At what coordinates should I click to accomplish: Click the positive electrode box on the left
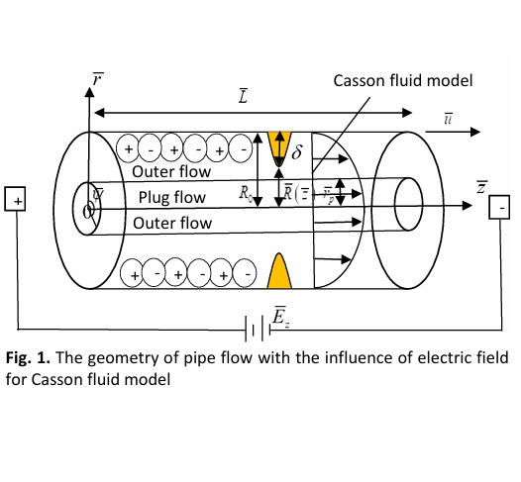(x=15, y=199)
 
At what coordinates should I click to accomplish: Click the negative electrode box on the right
(x=499, y=207)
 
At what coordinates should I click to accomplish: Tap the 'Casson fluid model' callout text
(x=403, y=81)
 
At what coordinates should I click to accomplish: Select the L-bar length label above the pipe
(x=244, y=96)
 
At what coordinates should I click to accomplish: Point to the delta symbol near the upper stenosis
(x=297, y=151)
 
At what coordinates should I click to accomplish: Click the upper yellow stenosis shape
(x=279, y=146)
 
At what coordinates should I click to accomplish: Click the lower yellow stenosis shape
(x=279, y=272)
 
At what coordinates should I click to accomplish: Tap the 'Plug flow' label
(x=172, y=198)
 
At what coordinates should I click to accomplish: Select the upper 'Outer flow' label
(x=171, y=171)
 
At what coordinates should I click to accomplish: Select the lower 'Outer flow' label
(x=172, y=223)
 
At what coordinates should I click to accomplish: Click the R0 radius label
(x=246, y=193)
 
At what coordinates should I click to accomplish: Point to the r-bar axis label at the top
(x=97, y=79)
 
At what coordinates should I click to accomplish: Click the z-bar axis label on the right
(x=482, y=187)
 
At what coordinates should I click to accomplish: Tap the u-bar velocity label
(x=449, y=119)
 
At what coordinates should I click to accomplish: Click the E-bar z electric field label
(x=280, y=317)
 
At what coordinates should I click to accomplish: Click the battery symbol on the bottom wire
(x=258, y=329)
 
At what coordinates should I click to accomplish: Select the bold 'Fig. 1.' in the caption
(x=28, y=358)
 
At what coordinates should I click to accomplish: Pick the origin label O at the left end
(x=87, y=212)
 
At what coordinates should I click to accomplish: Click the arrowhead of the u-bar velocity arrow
(x=475, y=132)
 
